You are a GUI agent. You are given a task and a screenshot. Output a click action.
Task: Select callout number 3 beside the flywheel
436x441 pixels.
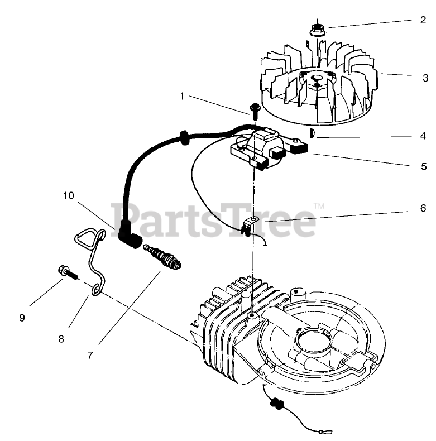click(x=425, y=78)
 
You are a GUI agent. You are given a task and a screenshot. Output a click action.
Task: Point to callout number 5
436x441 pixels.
click(x=424, y=166)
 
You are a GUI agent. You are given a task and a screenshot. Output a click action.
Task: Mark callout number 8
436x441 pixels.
click(x=60, y=338)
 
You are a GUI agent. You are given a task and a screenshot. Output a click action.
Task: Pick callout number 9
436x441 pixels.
click(x=22, y=318)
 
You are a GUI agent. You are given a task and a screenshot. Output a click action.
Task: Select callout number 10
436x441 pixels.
click(x=68, y=195)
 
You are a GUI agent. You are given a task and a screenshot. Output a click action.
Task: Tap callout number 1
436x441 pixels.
click(x=181, y=96)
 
